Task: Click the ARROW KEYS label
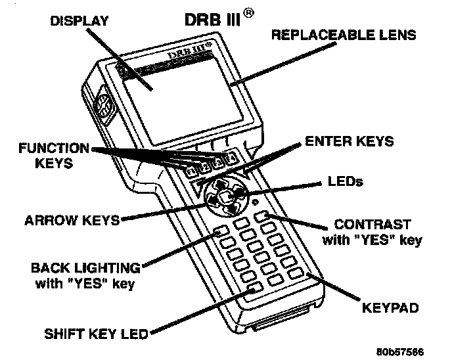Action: (x=73, y=220)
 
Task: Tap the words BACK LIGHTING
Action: (x=86, y=268)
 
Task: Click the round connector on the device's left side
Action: (x=104, y=105)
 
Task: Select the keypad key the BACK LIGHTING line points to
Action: (x=220, y=231)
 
